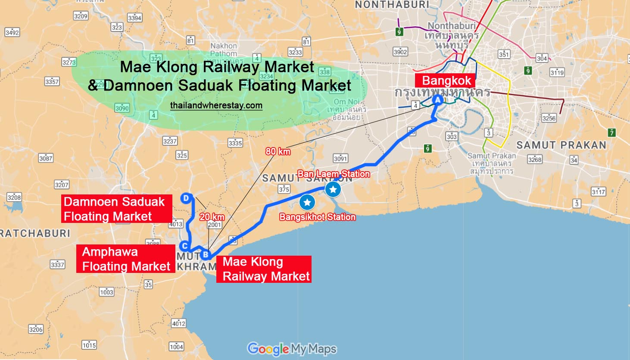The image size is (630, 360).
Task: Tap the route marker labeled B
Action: click(206, 254)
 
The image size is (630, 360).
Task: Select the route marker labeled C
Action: click(184, 246)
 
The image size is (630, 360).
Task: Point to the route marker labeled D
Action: click(186, 198)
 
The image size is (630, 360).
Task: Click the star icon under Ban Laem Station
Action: click(333, 189)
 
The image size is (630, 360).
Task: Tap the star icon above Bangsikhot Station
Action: click(307, 202)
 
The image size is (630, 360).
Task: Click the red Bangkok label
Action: click(446, 81)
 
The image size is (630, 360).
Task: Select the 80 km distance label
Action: click(278, 151)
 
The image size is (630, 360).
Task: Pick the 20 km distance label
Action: click(212, 217)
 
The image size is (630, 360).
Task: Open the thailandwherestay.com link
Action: click(216, 106)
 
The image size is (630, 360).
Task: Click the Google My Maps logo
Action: click(292, 349)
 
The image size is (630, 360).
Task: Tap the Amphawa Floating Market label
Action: click(126, 259)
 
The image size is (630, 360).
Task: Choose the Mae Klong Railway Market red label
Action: click(264, 269)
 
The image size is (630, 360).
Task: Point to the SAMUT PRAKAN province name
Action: click(561, 145)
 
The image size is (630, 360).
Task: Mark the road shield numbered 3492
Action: click(12, 32)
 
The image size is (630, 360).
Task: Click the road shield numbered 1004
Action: click(176, 347)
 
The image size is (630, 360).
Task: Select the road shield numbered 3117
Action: click(598, 191)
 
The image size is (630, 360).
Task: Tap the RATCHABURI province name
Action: click(34, 234)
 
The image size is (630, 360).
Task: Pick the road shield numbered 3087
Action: click(46, 158)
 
